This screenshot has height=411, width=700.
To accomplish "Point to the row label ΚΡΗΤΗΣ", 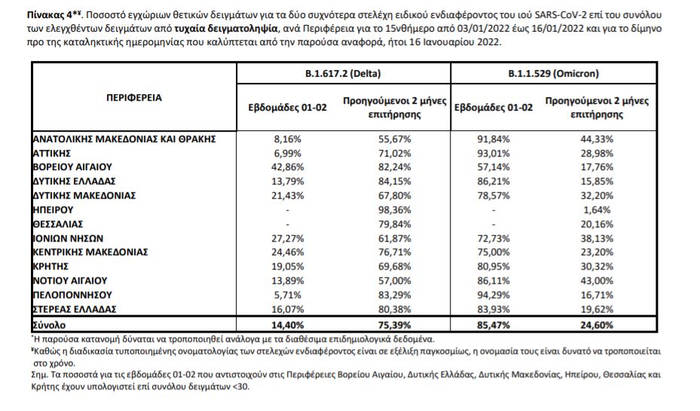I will tap(52, 266).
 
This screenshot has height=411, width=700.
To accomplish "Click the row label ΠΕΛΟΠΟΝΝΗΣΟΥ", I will tap(73, 294).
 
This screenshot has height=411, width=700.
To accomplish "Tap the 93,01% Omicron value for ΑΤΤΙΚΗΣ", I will tap(494, 153).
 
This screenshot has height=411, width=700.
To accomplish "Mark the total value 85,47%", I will tap(494, 324).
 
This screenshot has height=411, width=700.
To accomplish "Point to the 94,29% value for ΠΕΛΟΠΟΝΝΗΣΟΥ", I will tap(494, 294).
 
